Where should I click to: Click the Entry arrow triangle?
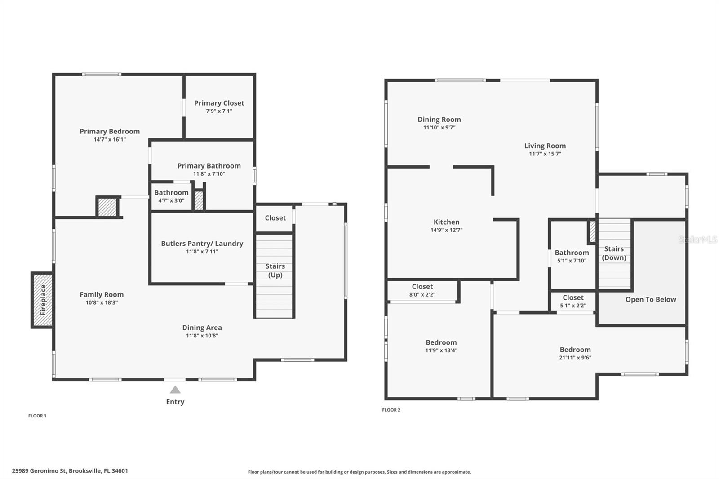point(175,390)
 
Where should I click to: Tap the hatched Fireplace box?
point(42,300)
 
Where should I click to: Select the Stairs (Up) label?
point(275,271)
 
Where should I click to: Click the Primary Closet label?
point(219,103)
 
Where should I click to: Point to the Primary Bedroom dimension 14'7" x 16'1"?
point(110,139)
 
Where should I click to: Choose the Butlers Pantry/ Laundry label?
point(202,244)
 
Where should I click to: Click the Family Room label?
point(102,294)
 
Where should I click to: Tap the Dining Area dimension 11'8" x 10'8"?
point(202,336)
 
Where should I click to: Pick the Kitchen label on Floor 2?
point(446,222)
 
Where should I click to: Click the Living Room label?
point(545,146)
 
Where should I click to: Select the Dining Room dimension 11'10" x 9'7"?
point(439,128)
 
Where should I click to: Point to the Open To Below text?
point(651,300)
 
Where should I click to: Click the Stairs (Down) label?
point(614,253)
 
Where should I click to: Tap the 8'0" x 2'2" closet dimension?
point(422,294)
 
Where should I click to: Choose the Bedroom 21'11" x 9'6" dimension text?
point(575,358)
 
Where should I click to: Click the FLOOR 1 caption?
point(37,416)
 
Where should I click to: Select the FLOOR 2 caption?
point(391,410)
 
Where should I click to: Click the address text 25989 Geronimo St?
point(39,471)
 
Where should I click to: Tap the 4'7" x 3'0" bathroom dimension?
point(171,201)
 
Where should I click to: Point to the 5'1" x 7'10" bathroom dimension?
point(572,261)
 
